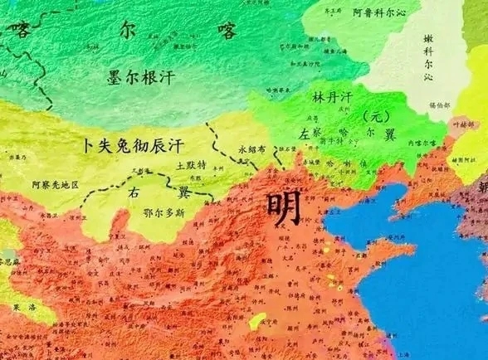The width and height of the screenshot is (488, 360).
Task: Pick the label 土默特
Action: coord(192,166)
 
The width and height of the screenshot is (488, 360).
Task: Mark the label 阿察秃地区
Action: coord(51,184)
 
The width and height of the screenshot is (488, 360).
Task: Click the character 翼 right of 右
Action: coord(183,193)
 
